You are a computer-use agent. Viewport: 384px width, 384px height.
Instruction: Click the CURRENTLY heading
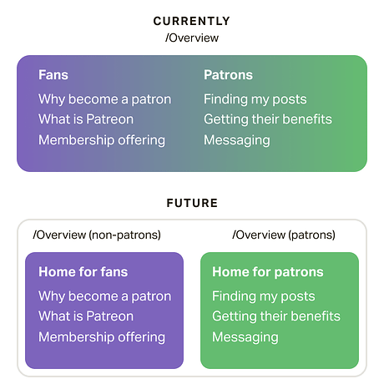(x=192, y=21)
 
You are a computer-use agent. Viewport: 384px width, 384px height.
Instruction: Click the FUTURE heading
(x=192, y=202)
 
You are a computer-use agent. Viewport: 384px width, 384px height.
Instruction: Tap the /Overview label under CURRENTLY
(x=192, y=38)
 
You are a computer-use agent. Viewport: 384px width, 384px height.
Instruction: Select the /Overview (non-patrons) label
(x=97, y=235)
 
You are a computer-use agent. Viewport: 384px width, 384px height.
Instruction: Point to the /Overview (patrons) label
(x=283, y=235)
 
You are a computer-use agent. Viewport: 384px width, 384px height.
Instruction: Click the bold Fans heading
(x=53, y=75)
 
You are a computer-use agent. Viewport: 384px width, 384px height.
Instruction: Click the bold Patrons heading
(x=228, y=75)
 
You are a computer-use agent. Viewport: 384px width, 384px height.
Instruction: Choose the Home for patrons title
(x=267, y=272)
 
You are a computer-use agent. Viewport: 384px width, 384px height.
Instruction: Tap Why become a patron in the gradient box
(x=104, y=99)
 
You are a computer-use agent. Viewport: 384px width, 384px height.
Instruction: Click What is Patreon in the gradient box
(x=86, y=119)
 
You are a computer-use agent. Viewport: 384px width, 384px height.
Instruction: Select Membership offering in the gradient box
(x=102, y=139)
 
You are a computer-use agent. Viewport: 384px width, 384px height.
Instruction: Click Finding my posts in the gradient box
(x=255, y=99)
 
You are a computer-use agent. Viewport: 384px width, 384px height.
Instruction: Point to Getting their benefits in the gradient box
(x=267, y=119)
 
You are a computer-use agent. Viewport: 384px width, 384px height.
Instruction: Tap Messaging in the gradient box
(x=236, y=139)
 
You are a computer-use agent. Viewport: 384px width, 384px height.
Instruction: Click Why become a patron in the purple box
(x=104, y=296)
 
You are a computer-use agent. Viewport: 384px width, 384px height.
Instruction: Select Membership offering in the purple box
(x=102, y=336)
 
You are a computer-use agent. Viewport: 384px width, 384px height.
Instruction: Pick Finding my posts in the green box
(x=263, y=296)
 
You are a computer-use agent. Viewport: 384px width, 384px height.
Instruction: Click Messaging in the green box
(x=245, y=336)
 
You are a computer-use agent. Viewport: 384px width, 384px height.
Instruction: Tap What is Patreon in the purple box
(x=86, y=316)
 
